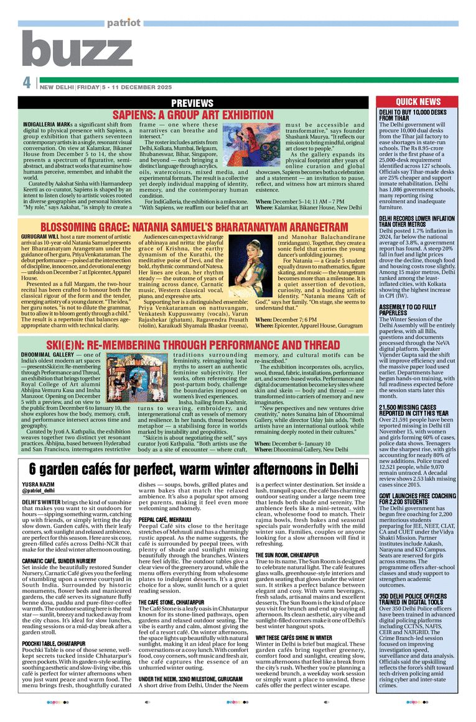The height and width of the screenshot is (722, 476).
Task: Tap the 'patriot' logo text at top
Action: click(x=123, y=23)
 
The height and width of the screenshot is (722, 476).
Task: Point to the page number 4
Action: click(x=27, y=83)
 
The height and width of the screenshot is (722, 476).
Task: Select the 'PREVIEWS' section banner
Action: click(x=192, y=103)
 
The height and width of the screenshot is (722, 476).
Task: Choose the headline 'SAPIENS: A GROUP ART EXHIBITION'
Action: click(x=192, y=115)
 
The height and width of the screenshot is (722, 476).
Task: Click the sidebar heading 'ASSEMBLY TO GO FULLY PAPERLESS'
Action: click(x=412, y=311)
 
